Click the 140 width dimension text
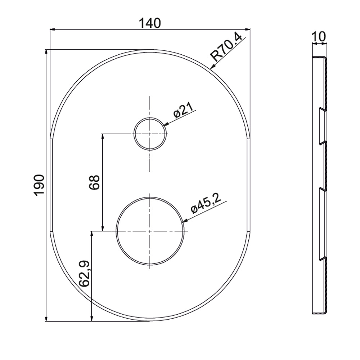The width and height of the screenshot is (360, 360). tap(150, 23)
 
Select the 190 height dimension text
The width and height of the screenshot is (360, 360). tap(39, 185)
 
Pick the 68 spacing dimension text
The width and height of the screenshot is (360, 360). tap(94, 182)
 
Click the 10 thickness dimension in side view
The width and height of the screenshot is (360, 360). tap(319, 37)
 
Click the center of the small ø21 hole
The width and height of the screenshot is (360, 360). tap(150, 134)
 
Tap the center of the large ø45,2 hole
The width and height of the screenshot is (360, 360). tap(150, 231)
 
